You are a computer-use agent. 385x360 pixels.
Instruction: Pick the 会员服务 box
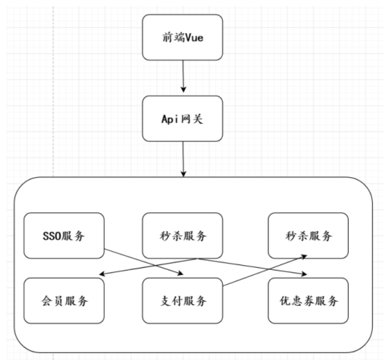(64, 300)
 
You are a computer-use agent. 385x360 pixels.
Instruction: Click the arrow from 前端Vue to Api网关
(183, 75)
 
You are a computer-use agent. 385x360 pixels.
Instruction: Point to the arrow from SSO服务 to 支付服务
(144, 261)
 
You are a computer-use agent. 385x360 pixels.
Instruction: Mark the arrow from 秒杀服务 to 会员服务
(150, 267)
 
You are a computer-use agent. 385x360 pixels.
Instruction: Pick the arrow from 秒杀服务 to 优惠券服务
(251, 267)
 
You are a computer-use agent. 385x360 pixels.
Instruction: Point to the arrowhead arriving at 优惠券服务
(304, 275)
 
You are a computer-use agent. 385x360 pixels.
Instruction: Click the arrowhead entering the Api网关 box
(183, 92)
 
